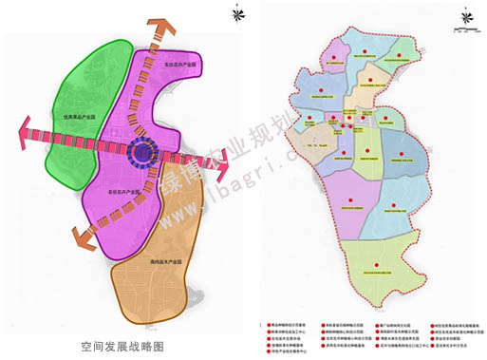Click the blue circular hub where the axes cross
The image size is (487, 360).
click(x=143, y=152)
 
